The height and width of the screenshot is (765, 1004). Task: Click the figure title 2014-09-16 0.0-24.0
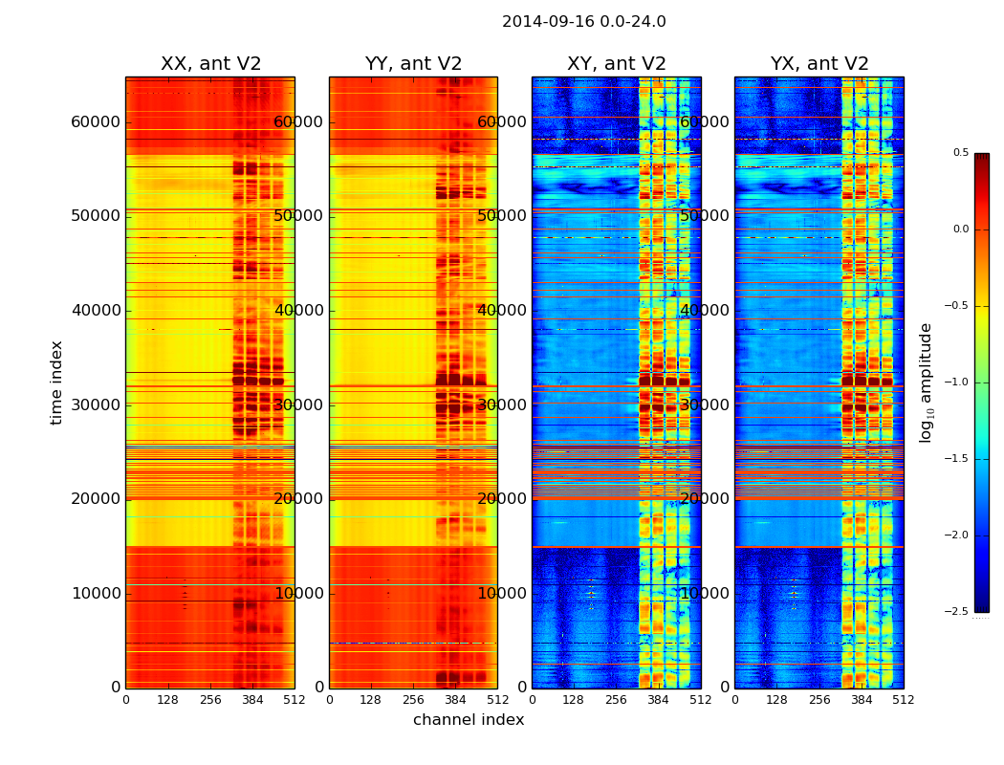tap(583, 22)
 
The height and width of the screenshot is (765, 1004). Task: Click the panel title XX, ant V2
tap(210, 64)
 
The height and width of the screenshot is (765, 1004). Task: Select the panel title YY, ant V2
tap(413, 64)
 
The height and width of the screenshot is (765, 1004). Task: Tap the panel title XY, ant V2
tap(616, 64)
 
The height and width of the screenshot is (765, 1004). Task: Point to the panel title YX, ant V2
tap(819, 64)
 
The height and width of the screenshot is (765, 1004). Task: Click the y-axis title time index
tap(57, 382)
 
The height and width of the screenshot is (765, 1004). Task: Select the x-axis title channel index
tap(469, 720)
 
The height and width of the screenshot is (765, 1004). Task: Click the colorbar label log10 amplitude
tap(926, 382)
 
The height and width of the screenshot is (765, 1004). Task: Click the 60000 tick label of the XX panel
tap(96, 121)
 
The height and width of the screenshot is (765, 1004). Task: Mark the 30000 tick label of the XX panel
tap(96, 404)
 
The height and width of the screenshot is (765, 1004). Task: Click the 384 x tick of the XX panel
tap(252, 700)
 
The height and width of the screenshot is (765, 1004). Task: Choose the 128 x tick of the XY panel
tap(574, 700)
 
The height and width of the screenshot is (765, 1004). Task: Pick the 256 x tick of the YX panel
tap(819, 700)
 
